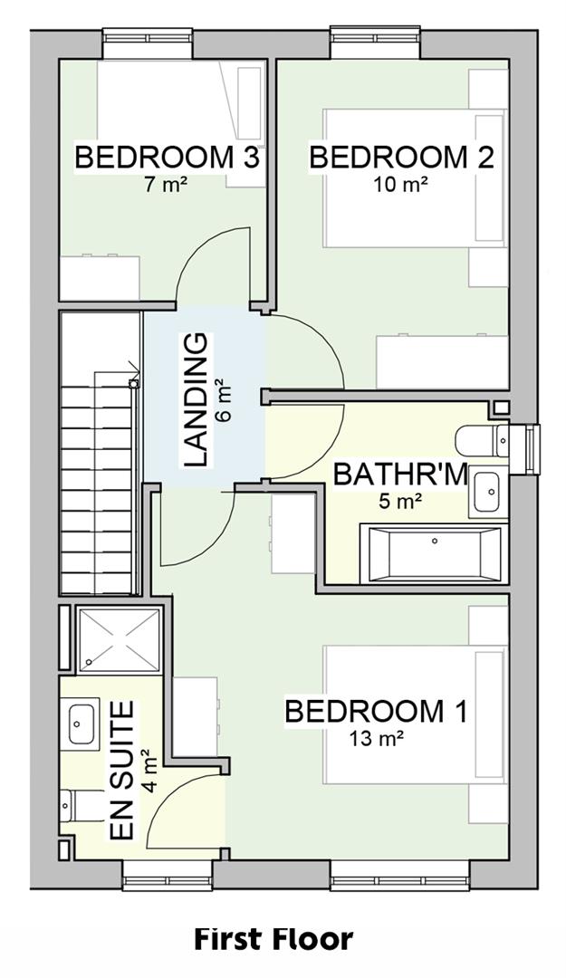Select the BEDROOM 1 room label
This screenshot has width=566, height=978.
(x=376, y=711)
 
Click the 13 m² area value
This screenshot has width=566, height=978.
(x=376, y=739)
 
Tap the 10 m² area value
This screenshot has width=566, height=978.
(x=400, y=184)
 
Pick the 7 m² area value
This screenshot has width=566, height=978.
(x=165, y=184)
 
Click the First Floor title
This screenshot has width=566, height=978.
(x=273, y=939)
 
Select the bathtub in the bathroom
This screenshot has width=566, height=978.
(x=433, y=552)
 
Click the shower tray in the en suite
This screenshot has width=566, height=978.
(x=119, y=640)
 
